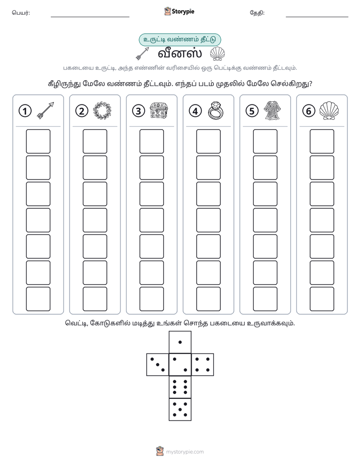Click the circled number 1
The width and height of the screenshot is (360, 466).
pos(25,111)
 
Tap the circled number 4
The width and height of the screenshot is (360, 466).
pos(195,111)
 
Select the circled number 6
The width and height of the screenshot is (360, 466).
pos(309,111)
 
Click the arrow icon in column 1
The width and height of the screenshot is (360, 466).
pos(45,110)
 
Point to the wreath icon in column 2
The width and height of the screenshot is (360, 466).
pos(102,110)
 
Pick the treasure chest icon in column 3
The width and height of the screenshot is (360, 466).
pos(159,110)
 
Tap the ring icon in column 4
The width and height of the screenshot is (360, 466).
pos(216,110)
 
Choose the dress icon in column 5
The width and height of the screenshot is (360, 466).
pos(273,110)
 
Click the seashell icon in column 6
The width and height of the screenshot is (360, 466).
pos(329,110)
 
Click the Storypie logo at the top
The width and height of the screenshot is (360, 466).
pos(179,12)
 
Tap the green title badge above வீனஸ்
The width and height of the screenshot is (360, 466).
pos(179,40)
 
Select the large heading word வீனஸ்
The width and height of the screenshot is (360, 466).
pos(179,54)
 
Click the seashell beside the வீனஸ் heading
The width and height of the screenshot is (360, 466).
pos(217,54)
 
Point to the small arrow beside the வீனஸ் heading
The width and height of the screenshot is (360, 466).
pos(142,54)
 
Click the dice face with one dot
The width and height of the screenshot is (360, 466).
pos(180,342)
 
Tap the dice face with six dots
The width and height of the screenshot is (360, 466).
pos(180,387)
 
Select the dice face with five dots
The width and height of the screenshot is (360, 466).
pos(180,410)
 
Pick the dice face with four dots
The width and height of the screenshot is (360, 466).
pos(203,365)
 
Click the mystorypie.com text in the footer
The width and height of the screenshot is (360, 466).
pos(185,452)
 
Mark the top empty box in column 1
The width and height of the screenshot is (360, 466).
pos(38,141)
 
